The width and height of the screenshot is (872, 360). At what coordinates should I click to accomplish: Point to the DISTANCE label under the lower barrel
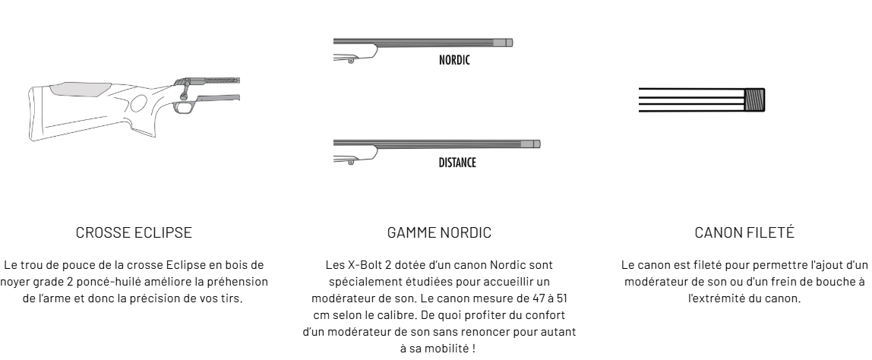457,163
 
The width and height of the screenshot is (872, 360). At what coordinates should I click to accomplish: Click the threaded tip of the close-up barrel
755,100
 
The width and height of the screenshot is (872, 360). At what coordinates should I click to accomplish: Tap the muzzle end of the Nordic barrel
509,42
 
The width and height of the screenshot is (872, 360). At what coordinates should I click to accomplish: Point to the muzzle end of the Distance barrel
536,143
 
